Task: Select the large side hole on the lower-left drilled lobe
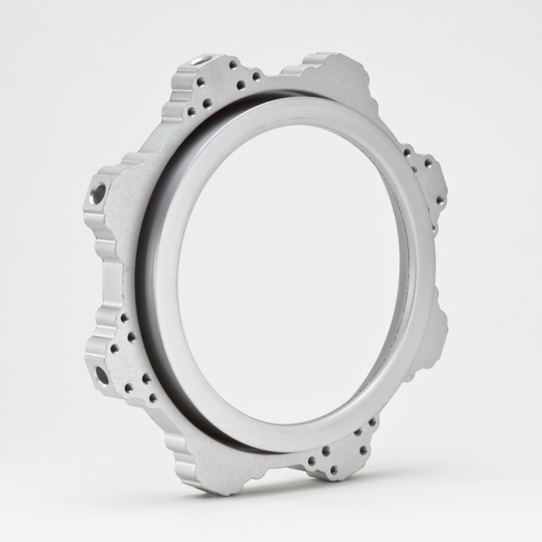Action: pyautogui.click(x=101, y=374)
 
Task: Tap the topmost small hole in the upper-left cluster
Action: pyautogui.click(x=233, y=64)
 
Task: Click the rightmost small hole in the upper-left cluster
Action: pyautogui.click(x=257, y=77)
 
